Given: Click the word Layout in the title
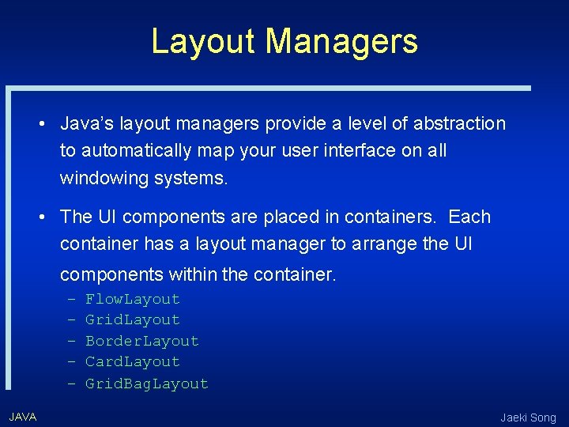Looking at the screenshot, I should (204, 41).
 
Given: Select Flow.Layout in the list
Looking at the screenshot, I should (133, 299).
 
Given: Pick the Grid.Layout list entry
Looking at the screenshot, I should (133, 319).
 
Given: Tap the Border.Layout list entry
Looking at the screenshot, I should (142, 341).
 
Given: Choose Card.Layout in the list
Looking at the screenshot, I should (133, 361).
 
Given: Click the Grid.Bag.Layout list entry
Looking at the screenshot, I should (147, 384).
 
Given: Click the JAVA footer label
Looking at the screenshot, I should (23, 416).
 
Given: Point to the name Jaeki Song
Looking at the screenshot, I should (528, 418).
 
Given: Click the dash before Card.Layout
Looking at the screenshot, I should (71, 361).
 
